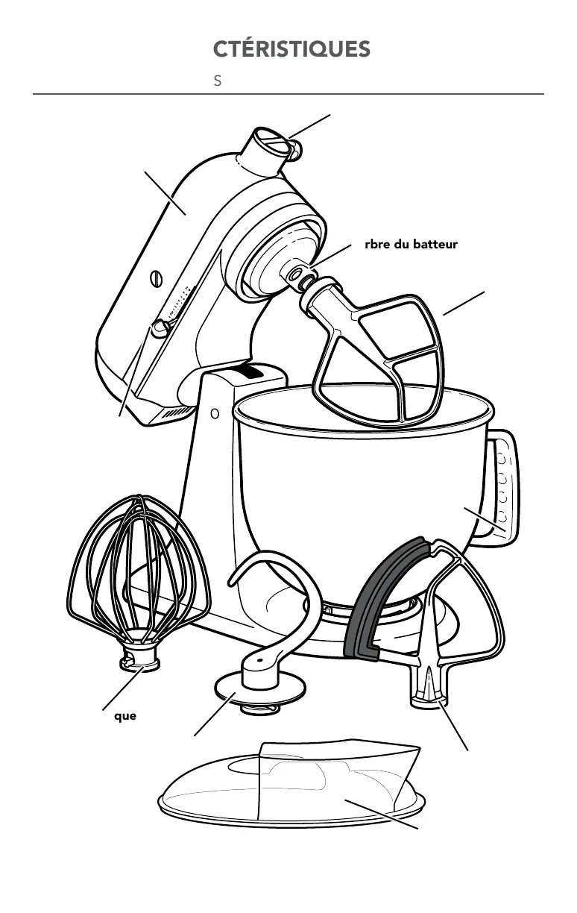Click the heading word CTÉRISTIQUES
291,49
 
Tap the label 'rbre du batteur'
411,244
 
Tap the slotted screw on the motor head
157,277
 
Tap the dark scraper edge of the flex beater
373,597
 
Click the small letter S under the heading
218,81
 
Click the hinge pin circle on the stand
215,412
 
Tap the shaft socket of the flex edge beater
429,690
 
